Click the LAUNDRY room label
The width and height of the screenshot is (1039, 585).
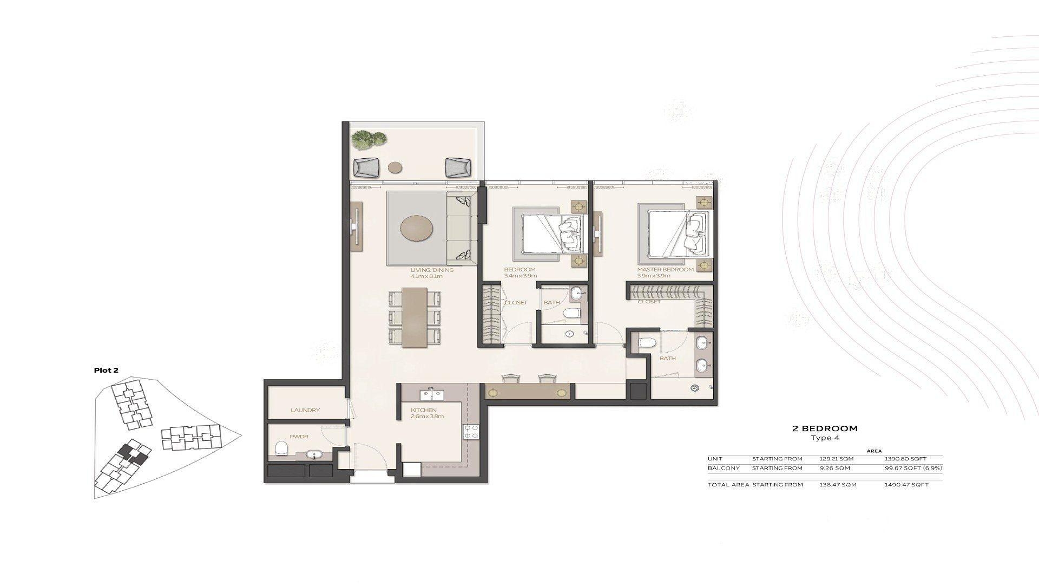coord(305,410)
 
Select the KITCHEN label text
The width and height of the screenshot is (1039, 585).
coord(423,410)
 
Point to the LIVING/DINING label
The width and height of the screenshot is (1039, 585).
coord(431,270)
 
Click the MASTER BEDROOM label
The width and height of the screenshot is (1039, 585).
coord(665,270)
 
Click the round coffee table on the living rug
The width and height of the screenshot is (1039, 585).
coord(416,228)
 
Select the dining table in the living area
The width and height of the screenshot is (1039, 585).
coord(415,317)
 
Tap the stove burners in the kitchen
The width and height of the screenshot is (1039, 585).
coord(470,431)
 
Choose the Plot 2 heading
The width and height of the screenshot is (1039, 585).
coord(106,370)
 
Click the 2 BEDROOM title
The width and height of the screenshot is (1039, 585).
coord(825,428)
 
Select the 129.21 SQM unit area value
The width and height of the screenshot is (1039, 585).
coord(836,459)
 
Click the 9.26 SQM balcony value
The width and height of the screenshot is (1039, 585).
coord(834,468)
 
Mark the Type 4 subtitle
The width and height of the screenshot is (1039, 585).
coord(825,438)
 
